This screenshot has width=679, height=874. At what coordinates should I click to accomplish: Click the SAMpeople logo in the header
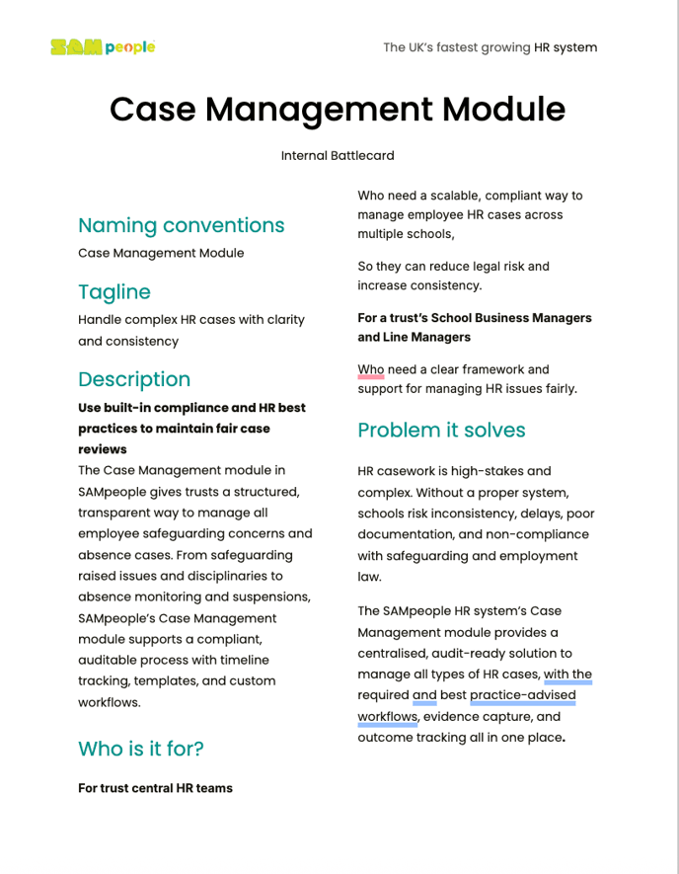click(104, 46)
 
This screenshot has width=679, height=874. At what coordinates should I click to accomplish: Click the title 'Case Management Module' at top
click(338, 109)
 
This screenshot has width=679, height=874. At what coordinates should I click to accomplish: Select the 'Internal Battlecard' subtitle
click(338, 156)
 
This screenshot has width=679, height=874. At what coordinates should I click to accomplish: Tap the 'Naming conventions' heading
click(182, 225)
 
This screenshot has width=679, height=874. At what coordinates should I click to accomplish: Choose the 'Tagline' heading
click(114, 292)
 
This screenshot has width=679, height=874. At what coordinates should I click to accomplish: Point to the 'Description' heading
click(134, 379)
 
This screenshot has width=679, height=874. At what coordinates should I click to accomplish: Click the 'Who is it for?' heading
click(141, 749)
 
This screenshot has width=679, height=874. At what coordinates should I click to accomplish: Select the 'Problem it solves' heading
click(441, 431)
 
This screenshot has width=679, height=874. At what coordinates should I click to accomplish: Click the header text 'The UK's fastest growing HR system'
click(490, 47)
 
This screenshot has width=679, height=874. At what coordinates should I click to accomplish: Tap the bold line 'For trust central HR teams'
click(155, 788)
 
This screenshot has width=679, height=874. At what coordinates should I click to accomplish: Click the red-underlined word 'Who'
click(371, 369)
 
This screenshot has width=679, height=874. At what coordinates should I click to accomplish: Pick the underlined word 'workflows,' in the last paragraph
click(388, 717)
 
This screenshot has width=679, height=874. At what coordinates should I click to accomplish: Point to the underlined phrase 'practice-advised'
click(523, 695)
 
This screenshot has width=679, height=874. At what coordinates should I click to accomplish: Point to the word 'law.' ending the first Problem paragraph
click(369, 577)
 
